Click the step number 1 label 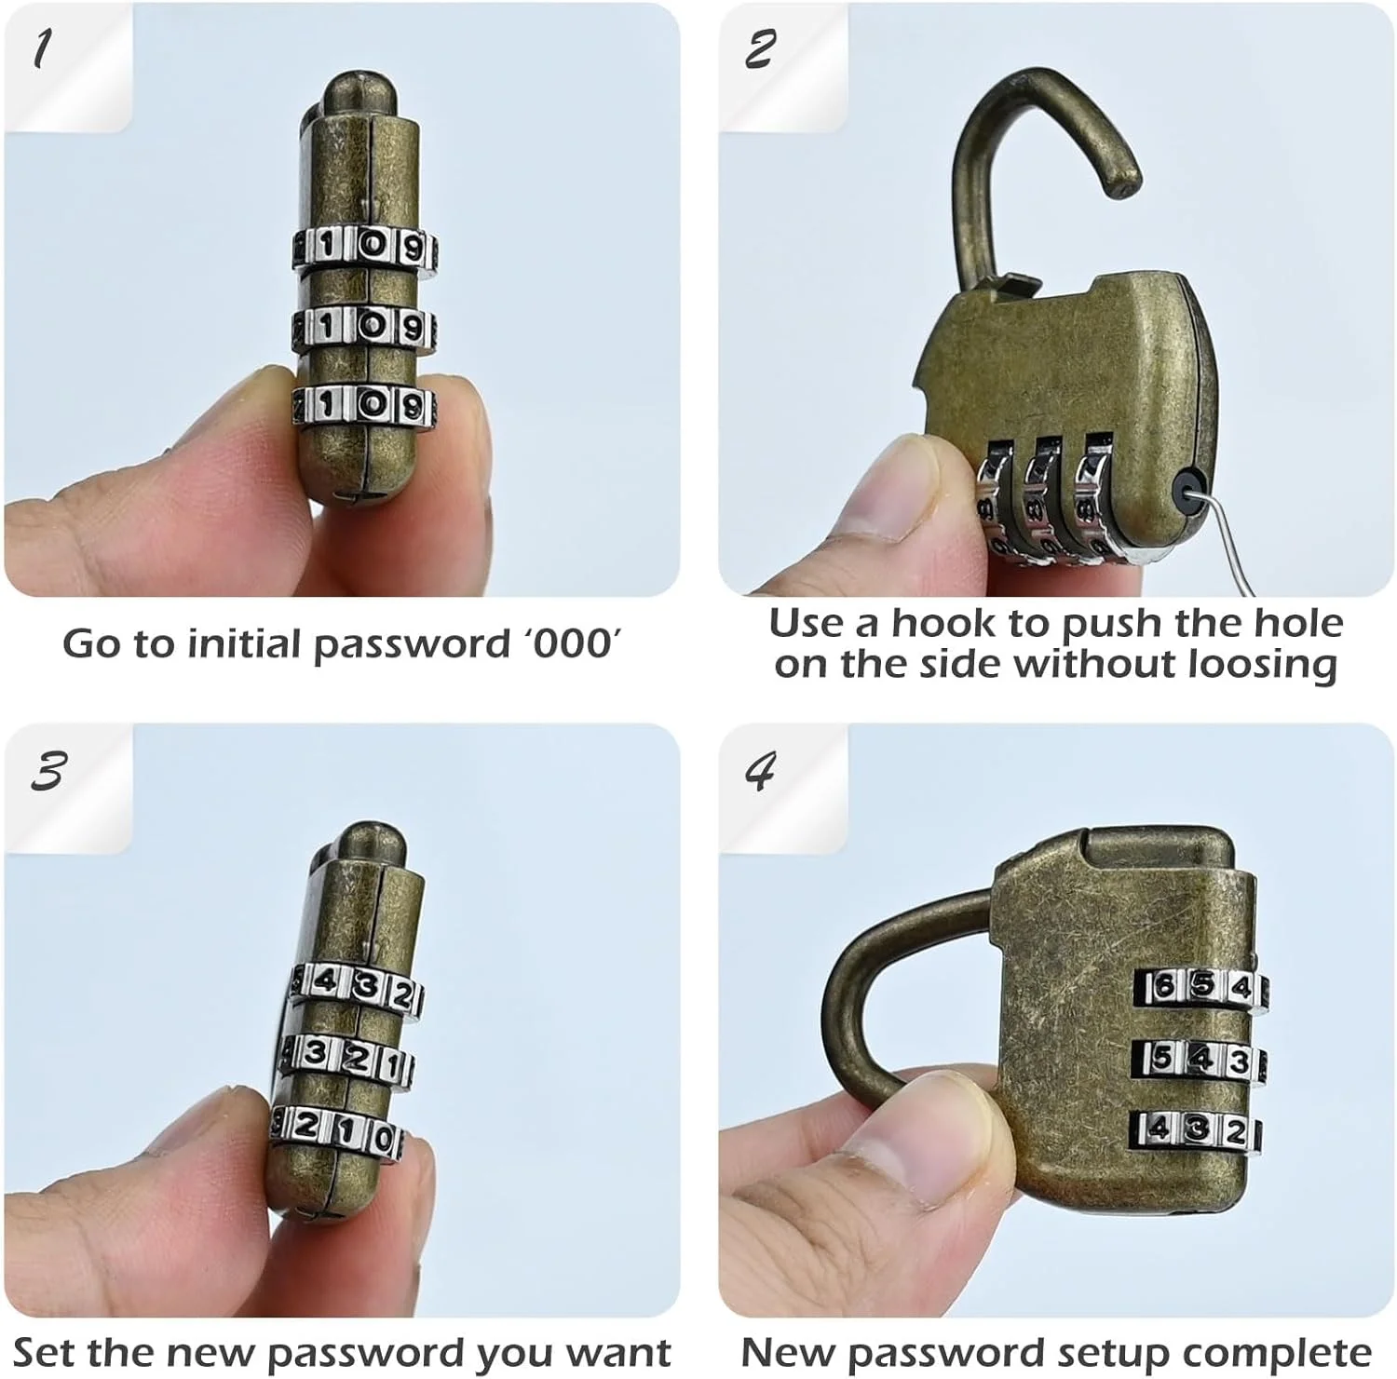pos(39,48)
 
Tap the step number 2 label pos(758,48)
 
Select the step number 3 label pos(47,771)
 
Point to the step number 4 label pos(760,771)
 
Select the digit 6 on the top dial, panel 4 pos(1164,986)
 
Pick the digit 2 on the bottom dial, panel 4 pos(1235,1131)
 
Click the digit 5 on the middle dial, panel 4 pos(1164,1058)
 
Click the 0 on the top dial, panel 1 pos(372,246)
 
